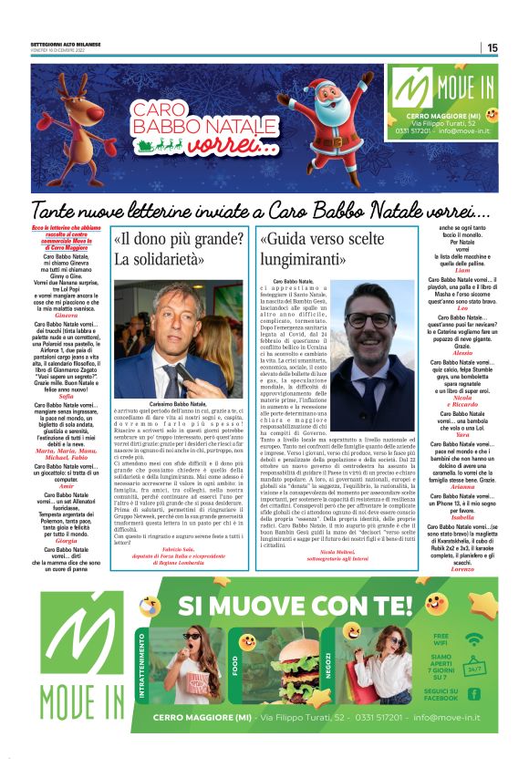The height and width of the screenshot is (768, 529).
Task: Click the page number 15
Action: [492, 47]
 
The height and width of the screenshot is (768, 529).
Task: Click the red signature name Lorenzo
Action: [462, 568]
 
